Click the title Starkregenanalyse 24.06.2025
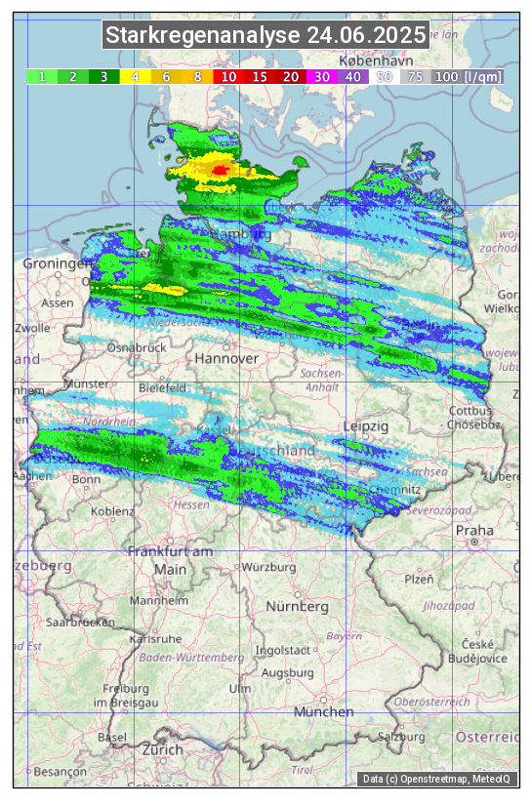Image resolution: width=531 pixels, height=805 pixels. coord(265,36)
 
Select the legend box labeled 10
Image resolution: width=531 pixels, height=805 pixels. coord(228,76)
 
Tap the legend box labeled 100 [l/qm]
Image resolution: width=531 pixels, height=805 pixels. coord(468,76)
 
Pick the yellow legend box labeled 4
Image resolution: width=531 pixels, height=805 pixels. coord(135,76)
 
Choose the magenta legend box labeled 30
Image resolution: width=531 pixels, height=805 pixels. coord(321,76)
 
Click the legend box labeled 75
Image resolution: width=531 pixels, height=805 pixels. coord(416,76)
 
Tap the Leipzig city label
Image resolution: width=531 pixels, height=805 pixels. coord(366,426)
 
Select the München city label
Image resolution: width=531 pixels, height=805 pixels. coord(323,712)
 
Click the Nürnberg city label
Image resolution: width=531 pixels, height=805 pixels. coord(298,606)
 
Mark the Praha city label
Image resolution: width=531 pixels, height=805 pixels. coord(473,530)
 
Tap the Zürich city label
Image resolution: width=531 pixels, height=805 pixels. coord(162,749)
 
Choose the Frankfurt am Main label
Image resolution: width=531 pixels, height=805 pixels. coord(170,560)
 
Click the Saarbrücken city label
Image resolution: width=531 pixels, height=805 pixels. coord(81,622)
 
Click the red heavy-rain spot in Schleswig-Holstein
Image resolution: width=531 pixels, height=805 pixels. coord(220,171)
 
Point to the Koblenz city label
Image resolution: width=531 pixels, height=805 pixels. coord(112,511)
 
